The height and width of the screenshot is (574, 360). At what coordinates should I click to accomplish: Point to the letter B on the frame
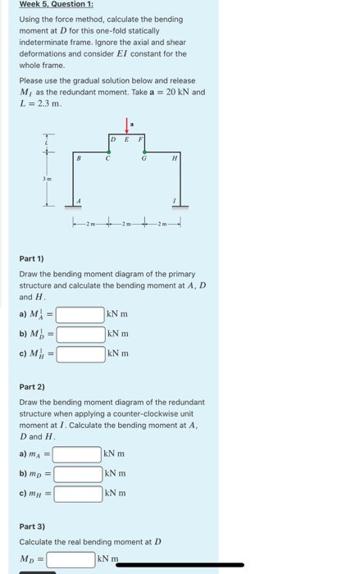79,158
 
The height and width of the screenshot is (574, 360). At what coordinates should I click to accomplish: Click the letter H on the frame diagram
172,159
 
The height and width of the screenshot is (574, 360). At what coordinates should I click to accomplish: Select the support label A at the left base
80,200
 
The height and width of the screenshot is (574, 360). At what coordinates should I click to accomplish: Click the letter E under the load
127,140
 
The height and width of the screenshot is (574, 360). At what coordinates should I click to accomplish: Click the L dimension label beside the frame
48,143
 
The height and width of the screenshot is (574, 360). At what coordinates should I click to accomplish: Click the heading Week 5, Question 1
51,5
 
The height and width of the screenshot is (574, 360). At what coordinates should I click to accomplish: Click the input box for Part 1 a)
80,314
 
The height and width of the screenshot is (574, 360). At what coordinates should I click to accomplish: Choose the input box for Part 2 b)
77,474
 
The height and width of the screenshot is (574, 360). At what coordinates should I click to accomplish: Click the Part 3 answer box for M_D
71,560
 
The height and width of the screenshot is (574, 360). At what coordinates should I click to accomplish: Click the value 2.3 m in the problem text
48,104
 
